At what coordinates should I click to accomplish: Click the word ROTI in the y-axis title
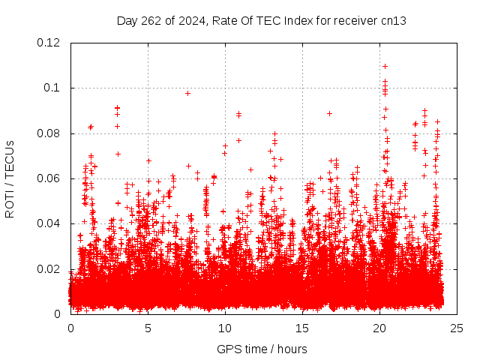[x=10, y=203]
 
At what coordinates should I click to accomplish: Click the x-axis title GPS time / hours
[x=262, y=349]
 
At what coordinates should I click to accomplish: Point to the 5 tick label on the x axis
[x=148, y=328]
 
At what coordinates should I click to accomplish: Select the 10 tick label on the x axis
[x=225, y=328]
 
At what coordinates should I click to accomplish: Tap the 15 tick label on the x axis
[x=302, y=328]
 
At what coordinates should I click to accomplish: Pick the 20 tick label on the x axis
[x=379, y=328]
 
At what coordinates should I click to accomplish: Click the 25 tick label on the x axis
[x=457, y=328]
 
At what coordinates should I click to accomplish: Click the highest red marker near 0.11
[x=385, y=66]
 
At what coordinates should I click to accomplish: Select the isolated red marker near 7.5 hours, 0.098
[x=187, y=93]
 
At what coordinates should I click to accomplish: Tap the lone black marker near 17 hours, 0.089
[x=329, y=113]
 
